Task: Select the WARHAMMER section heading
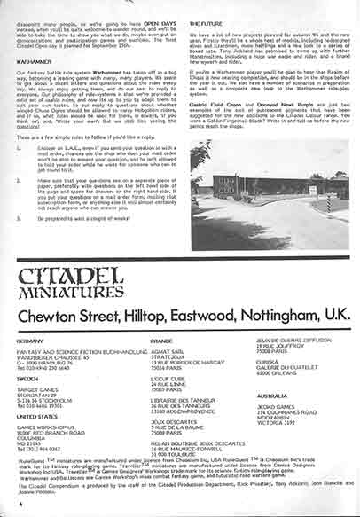32,62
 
